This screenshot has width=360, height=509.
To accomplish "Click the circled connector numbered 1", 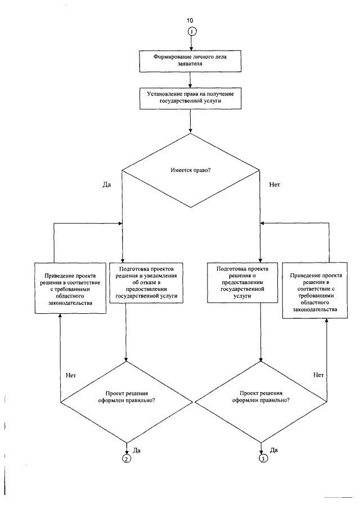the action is [x=192, y=31].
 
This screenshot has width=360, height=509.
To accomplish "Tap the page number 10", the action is [x=190, y=20].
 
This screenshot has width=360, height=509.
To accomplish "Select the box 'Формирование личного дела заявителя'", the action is [x=190, y=61].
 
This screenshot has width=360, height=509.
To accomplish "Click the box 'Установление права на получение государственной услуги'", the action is [x=191, y=98].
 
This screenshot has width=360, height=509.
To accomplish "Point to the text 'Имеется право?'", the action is [x=191, y=170].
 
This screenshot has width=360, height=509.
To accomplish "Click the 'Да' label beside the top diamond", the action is [x=106, y=184].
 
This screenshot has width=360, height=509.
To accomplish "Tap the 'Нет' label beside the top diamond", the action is [x=274, y=184].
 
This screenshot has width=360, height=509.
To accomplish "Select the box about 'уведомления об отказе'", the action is [x=146, y=283].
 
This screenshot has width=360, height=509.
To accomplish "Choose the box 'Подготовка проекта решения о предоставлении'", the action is [x=242, y=283].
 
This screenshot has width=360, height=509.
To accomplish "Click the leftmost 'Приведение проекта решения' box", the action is [x=70, y=288].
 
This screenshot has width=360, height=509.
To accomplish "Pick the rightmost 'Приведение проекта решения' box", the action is [x=315, y=291].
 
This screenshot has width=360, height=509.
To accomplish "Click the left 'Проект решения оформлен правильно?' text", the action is [x=127, y=397].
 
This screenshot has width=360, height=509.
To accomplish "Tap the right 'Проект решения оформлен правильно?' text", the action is [x=261, y=397].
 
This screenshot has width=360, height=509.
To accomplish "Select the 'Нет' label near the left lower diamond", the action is [x=71, y=375].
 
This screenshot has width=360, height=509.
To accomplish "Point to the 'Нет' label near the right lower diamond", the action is [x=318, y=375].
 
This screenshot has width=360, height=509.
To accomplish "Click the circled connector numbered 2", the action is [x=126, y=458].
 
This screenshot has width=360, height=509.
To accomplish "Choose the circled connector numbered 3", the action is [x=263, y=458].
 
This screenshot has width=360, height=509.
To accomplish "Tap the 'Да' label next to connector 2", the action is [x=137, y=451].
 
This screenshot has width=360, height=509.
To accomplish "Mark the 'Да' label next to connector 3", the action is [x=273, y=451].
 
